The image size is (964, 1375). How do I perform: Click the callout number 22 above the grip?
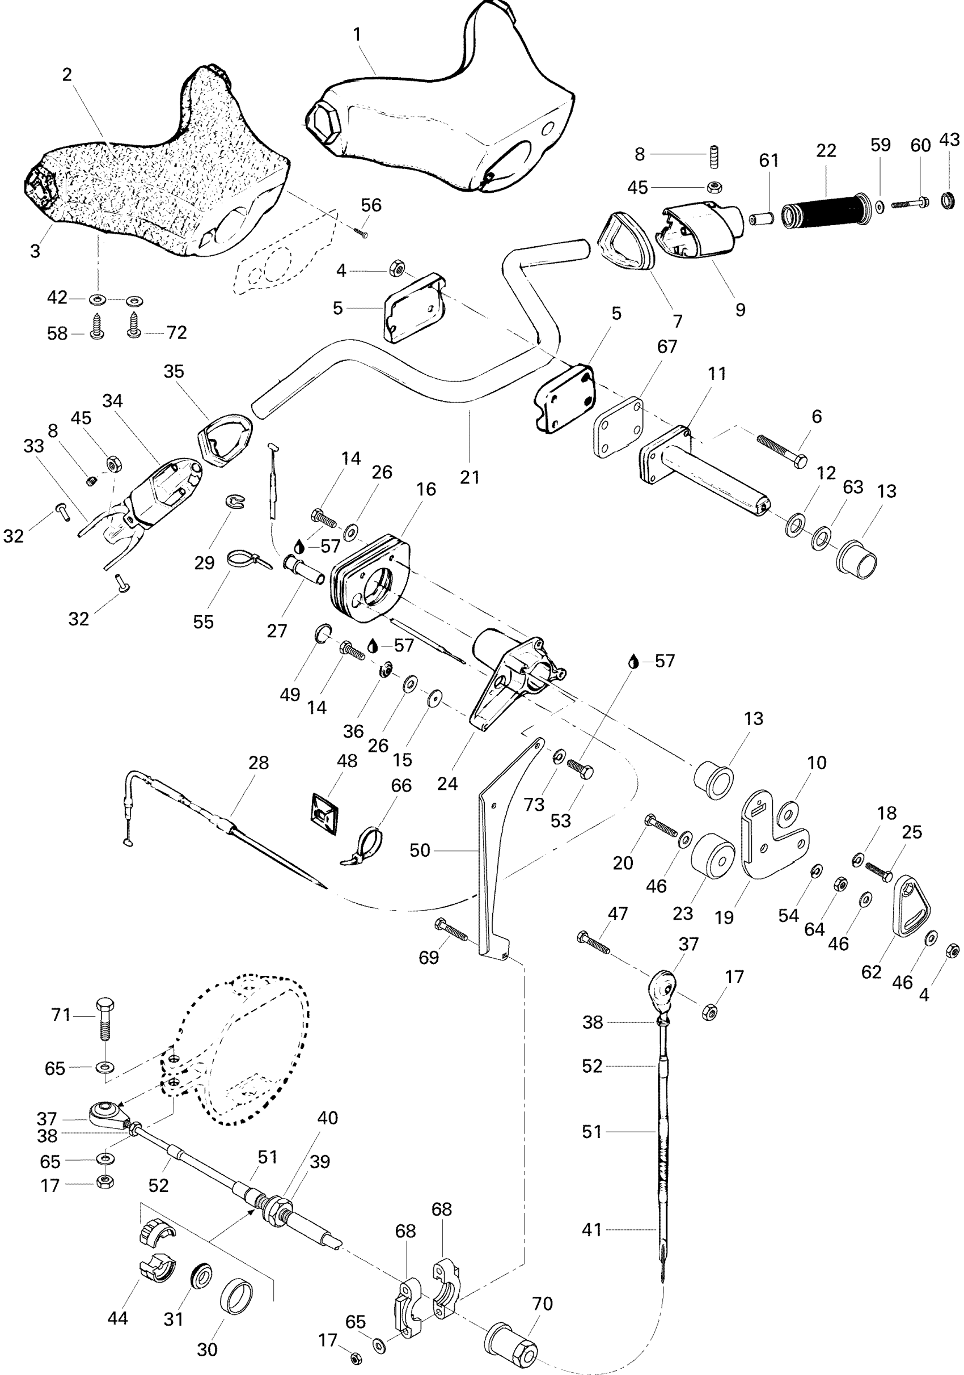[826, 151]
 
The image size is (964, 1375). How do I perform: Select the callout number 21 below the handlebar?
[470, 477]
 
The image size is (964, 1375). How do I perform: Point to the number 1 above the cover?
[357, 35]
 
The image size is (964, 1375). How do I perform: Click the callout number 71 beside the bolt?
[61, 1014]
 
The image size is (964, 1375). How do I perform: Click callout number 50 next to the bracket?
[420, 850]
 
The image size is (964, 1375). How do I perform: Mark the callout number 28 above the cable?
[259, 763]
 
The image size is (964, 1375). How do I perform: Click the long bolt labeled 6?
[781, 450]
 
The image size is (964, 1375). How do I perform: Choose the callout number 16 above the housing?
[426, 489]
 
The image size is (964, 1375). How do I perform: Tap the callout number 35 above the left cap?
[174, 371]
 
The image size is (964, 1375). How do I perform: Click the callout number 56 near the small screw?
[371, 205]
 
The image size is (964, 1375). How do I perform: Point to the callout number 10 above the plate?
[817, 763]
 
